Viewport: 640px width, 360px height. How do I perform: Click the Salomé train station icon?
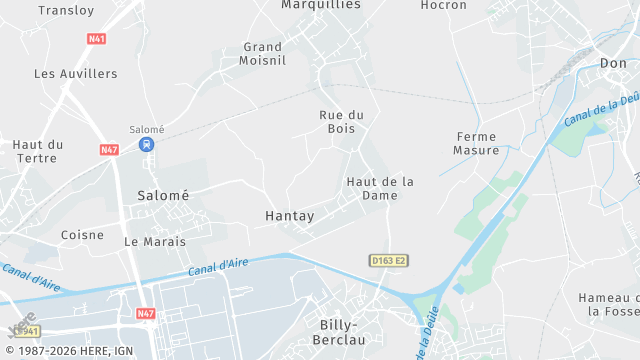coord(147,144)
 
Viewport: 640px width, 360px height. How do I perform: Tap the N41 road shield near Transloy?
coord(97,40)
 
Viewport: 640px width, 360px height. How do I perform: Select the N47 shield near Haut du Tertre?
coord(109,149)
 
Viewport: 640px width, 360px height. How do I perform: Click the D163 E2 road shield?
coord(389,261)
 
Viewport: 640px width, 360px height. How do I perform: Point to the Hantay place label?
coord(290,216)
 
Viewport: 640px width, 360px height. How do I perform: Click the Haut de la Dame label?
coord(380,188)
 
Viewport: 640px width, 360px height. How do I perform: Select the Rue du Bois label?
coord(341,122)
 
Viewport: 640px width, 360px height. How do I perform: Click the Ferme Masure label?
coord(476,143)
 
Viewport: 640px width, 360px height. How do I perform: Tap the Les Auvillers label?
coord(76,74)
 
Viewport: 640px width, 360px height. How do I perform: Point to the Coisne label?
coord(82,235)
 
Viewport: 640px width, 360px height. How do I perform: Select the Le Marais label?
coord(155,242)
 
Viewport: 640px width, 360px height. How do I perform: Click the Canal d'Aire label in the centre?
coord(217,267)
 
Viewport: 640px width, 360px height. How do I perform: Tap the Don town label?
coord(613,64)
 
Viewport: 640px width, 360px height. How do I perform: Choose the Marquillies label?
coord(320,5)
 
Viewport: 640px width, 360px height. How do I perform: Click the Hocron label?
coord(444,5)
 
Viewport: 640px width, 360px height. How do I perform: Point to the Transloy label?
coord(68,10)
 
